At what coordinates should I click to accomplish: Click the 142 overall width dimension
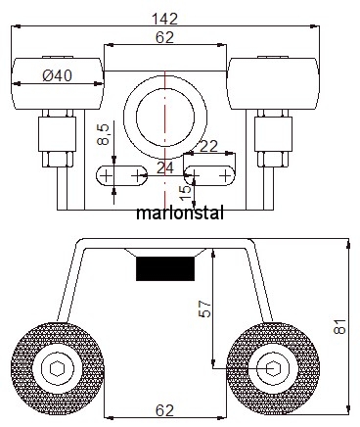click(165, 19)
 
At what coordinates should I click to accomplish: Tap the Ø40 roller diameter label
click(57, 76)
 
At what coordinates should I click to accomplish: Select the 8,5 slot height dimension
click(103, 134)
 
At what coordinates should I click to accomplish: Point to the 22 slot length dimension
click(208, 146)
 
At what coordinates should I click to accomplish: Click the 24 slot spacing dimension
click(165, 168)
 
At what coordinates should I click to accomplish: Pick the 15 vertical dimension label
click(186, 193)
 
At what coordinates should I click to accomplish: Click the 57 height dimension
click(204, 308)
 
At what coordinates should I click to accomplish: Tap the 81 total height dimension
click(339, 326)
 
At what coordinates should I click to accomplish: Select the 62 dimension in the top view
click(164, 38)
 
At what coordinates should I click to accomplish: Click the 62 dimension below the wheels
click(164, 410)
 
